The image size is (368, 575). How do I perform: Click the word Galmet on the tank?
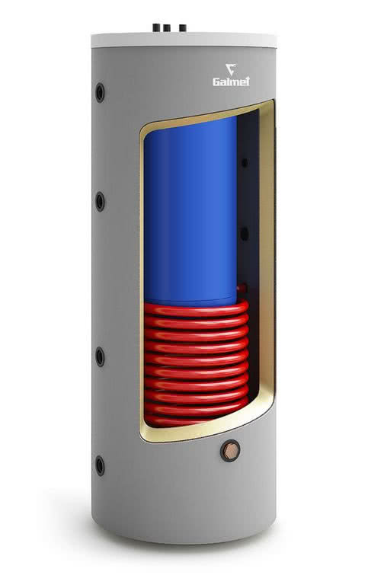[231, 81]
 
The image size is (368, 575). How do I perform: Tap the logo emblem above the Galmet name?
[231, 69]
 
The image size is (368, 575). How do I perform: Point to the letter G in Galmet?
[216, 81]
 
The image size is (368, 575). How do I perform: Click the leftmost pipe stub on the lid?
[157, 28]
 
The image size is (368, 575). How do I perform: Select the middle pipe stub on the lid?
[167, 29]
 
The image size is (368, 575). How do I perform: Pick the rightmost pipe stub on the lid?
[182, 28]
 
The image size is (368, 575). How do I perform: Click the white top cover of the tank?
[184, 40]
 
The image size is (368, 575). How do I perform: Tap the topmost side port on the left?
[100, 92]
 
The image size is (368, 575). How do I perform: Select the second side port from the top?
[100, 201]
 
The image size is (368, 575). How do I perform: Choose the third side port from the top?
[100, 356]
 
